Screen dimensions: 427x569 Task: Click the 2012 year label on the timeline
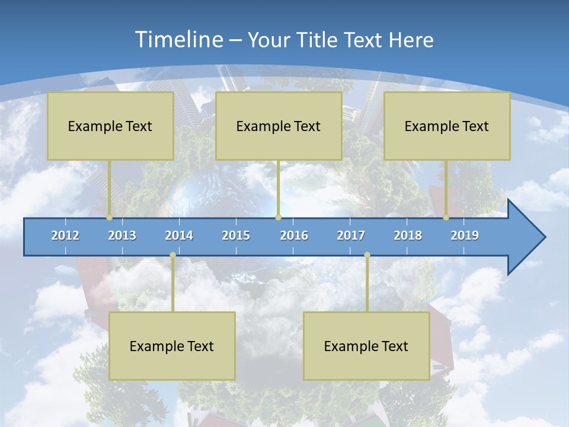point(65,235)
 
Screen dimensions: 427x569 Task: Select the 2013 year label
point(122,235)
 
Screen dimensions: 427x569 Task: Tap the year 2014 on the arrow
point(179,235)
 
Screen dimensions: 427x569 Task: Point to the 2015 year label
point(236,235)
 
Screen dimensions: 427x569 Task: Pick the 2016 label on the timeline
point(294,235)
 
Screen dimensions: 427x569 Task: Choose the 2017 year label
point(351,235)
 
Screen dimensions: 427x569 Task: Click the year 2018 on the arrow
point(408,235)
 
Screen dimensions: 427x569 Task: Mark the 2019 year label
point(465,235)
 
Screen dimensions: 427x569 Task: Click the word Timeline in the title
point(177,40)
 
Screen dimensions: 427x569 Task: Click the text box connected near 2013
point(110,126)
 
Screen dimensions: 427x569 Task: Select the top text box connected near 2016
point(279,126)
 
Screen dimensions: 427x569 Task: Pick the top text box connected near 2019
point(447,126)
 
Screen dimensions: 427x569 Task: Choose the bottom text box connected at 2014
point(172,346)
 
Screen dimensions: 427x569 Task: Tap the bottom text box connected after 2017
point(366,346)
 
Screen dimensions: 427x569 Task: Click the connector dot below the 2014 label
point(172,255)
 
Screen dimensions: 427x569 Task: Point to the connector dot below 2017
point(367,255)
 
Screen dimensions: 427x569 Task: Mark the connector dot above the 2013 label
point(110,218)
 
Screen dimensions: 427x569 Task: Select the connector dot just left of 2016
point(278,218)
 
